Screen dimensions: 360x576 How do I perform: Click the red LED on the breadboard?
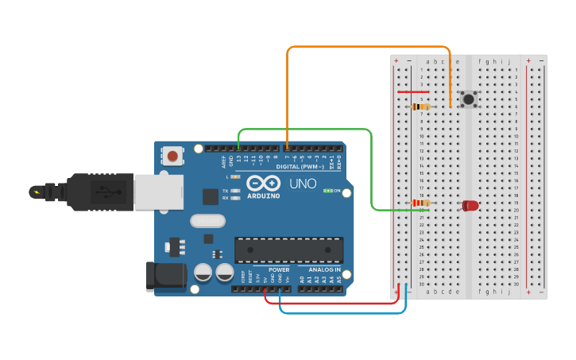click(x=470, y=205)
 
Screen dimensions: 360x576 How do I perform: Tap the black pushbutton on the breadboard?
click(x=469, y=99)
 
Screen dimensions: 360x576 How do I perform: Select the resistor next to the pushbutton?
click(x=420, y=106)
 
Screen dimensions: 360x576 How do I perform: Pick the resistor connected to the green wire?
click(x=420, y=203)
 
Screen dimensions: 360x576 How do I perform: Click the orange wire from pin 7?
click(x=365, y=47)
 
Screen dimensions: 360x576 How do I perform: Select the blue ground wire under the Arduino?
click(x=342, y=312)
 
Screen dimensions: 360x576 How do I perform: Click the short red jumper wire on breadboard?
click(x=412, y=91)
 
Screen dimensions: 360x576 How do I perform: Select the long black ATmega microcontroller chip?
click(x=288, y=249)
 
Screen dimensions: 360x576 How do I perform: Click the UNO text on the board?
click(x=303, y=184)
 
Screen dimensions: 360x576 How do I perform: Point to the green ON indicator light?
click(x=327, y=191)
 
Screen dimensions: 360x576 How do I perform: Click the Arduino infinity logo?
click(x=263, y=183)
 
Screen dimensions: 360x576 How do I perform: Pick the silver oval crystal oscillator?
click(x=208, y=221)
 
